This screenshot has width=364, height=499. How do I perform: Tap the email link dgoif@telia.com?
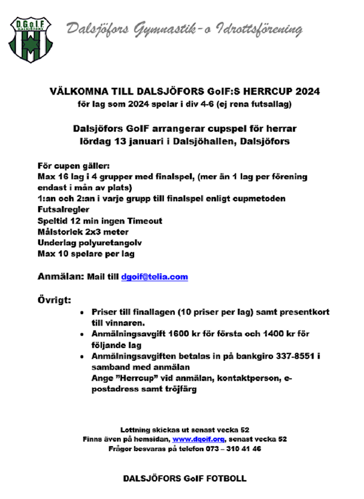(x=154, y=277)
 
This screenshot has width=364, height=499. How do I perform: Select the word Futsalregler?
(x=63, y=210)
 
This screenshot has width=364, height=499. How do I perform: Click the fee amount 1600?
(x=171, y=334)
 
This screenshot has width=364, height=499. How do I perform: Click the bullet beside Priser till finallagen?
(x=82, y=312)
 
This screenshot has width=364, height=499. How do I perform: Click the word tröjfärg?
(x=181, y=389)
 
